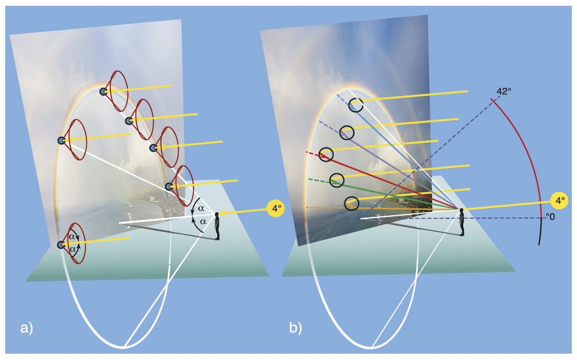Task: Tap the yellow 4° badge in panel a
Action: [x=276, y=208]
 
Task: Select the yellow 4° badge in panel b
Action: [x=558, y=200]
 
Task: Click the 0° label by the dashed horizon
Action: [x=550, y=217]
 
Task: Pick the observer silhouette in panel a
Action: [x=217, y=226]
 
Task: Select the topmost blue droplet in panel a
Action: [x=103, y=91]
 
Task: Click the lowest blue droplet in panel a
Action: [x=61, y=245]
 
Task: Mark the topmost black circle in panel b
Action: [x=356, y=105]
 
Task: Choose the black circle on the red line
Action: [x=326, y=154]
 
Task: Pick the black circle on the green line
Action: [x=337, y=180]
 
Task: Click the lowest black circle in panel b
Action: [x=352, y=203]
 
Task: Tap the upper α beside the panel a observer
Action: [x=201, y=208]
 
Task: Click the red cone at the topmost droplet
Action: [x=120, y=91]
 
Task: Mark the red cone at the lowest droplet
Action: [x=77, y=244]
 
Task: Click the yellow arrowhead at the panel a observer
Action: [x=224, y=214]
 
